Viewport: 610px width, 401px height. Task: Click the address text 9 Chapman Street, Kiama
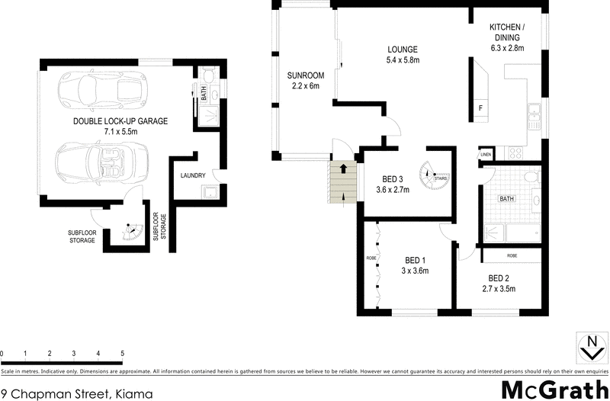(77, 393)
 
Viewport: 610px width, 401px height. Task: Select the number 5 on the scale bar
(122, 354)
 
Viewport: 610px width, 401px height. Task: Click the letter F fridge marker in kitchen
(480, 107)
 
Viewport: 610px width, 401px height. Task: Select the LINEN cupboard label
(485, 156)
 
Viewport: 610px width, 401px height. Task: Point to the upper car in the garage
(101, 90)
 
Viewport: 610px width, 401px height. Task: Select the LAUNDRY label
(193, 175)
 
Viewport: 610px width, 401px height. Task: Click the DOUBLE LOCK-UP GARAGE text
(120, 121)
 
